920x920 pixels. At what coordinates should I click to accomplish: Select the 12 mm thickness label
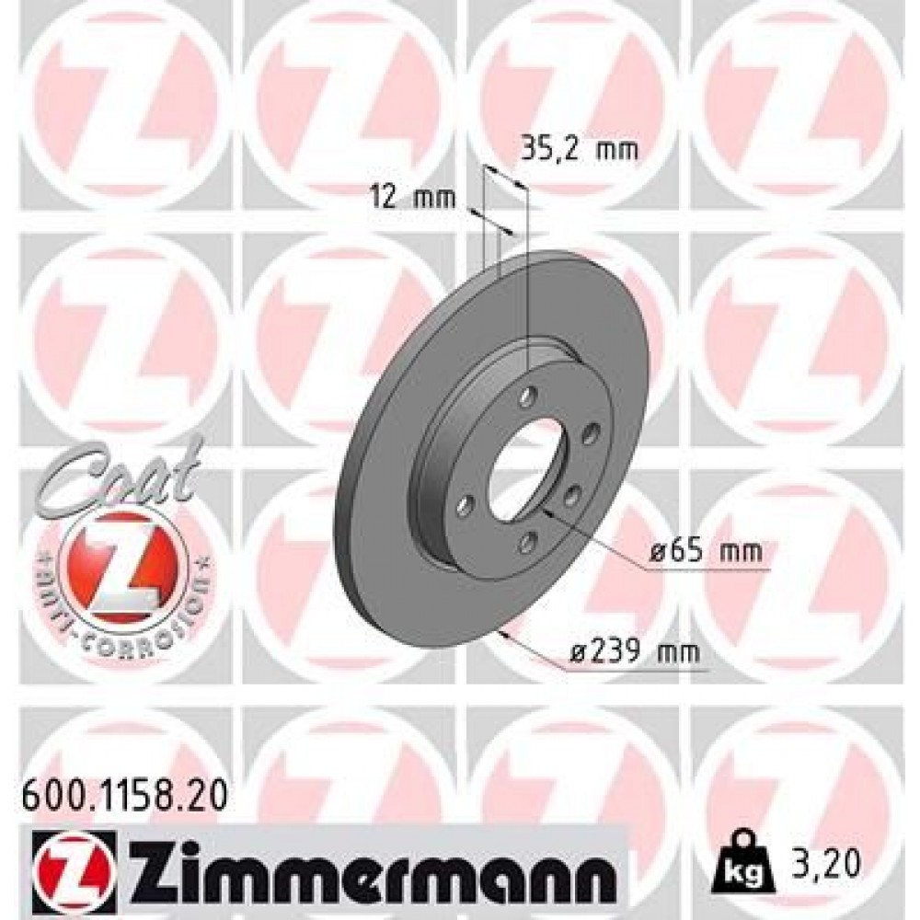click(x=401, y=197)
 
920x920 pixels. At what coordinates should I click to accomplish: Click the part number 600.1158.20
click(x=119, y=791)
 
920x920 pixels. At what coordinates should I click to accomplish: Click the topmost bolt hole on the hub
click(x=527, y=397)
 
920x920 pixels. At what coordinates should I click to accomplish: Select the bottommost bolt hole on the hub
click(x=525, y=543)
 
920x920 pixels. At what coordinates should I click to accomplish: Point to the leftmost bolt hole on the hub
click(x=463, y=503)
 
